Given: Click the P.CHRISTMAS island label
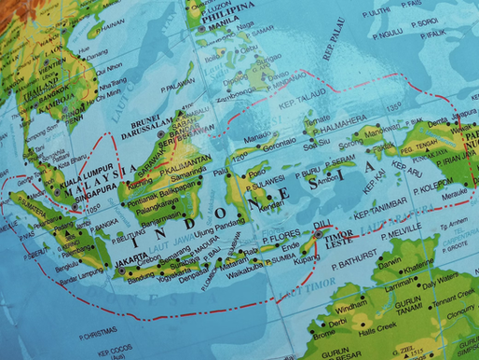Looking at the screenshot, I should tap(101, 328).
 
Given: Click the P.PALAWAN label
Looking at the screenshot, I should tap(178, 86).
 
